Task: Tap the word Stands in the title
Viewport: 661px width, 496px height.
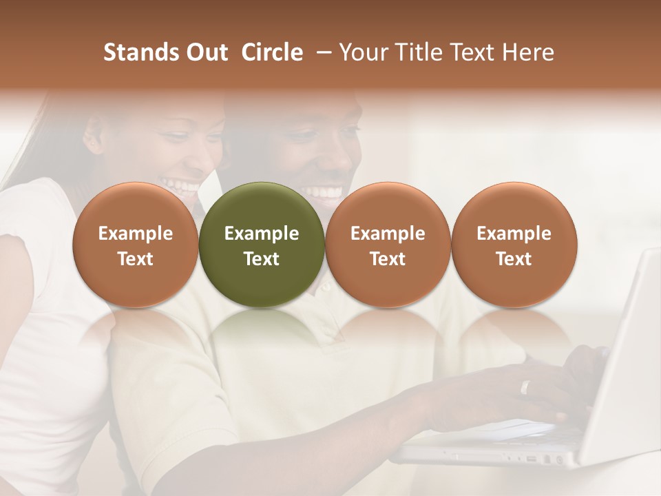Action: click(x=138, y=52)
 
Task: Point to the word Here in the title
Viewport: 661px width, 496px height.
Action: click(x=527, y=52)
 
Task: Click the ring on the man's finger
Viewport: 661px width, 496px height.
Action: click(x=525, y=387)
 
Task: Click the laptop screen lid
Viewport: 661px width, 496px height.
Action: click(x=620, y=358)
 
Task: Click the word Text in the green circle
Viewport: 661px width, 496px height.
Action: click(x=262, y=259)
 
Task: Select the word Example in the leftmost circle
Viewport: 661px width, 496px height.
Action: click(x=135, y=234)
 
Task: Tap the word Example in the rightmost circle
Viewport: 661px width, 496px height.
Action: click(x=514, y=234)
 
